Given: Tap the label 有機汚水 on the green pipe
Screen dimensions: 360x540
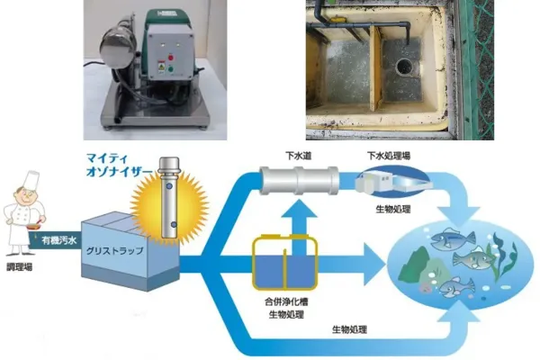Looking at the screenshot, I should (x=61, y=240).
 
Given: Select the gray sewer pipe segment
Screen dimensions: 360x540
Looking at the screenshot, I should (x=299, y=180).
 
